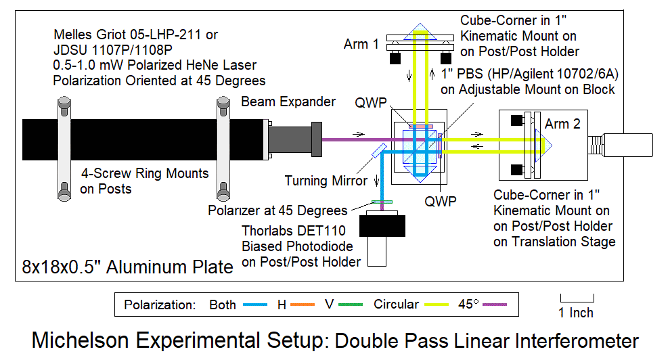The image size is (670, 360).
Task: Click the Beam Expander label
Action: click(288, 102)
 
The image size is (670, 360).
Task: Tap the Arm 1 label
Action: click(361, 45)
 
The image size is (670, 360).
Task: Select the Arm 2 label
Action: click(562, 125)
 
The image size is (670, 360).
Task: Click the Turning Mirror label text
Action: click(326, 181)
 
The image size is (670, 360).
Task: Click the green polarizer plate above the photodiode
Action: click(382, 201)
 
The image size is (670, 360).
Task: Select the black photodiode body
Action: click(382, 225)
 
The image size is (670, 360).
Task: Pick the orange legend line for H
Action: click(307, 305)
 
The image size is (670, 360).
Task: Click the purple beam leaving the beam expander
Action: click(352, 140)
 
